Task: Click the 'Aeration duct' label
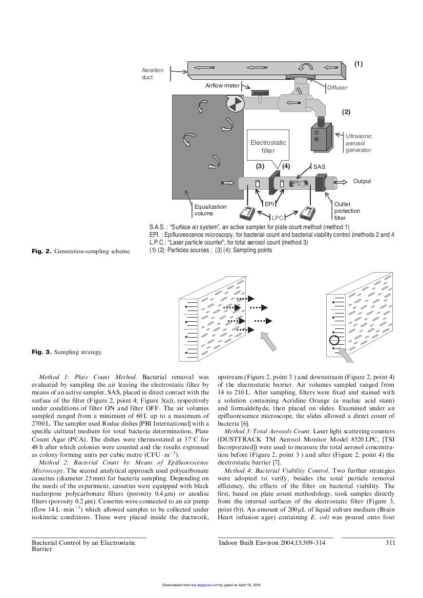click(x=152, y=74)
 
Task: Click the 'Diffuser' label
click(x=337, y=87)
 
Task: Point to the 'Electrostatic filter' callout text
click(x=268, y=147)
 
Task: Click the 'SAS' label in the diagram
click(x=320, y=167)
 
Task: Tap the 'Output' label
click(x=362, y=182)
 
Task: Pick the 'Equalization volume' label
click(x=210, y=210)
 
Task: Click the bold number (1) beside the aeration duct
click(x=358, y=64)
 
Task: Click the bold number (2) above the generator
click(x=346, y=111)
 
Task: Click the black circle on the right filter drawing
click(x=334, y=340)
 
